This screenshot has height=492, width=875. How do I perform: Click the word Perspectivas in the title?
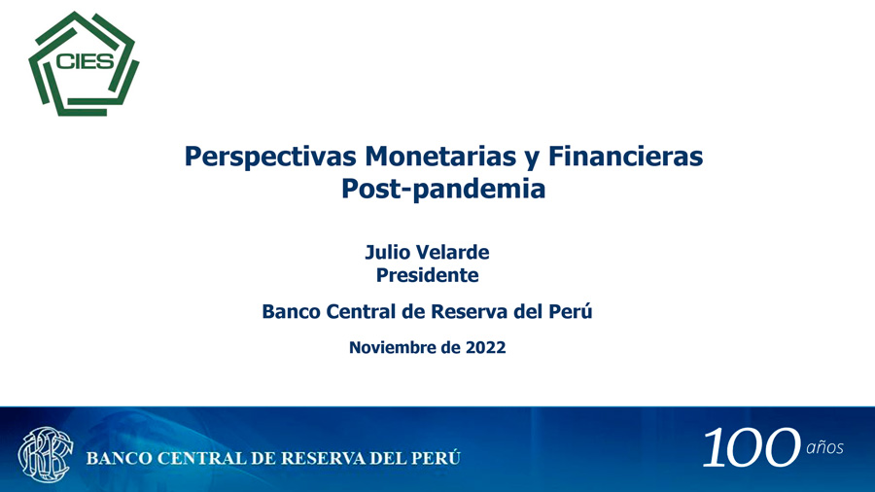coord(270,157)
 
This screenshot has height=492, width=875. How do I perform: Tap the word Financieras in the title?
coord(625,156)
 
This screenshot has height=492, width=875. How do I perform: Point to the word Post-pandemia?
coord(443,189)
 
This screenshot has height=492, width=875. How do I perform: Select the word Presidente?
coord(427,275)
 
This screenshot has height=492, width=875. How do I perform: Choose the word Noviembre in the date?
coord(393,347)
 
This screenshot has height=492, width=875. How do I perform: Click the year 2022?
coord(485,347)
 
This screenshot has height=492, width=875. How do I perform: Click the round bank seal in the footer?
coord(45,455)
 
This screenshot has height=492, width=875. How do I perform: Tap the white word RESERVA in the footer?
coord(323,459)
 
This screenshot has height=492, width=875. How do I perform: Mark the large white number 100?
coord(752,447)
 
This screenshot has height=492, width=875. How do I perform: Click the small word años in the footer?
coord(824,447)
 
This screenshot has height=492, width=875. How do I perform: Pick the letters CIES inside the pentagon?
coord(85,61)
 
